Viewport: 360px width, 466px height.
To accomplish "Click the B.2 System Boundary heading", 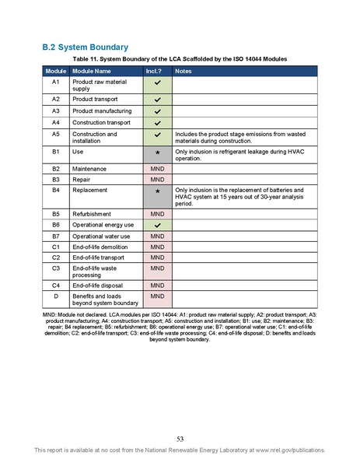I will [x=84, y=47].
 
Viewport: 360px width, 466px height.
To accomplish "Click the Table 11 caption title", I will [x=180, y=59].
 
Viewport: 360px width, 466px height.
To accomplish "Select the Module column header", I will [x=55, y=71].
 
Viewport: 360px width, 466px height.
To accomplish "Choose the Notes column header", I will [x=184, y=71].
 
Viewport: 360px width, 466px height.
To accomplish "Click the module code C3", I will [x=55, y=268].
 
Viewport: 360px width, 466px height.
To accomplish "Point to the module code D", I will [x=55, y=296].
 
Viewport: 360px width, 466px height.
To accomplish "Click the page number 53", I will [x=180, y=438].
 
